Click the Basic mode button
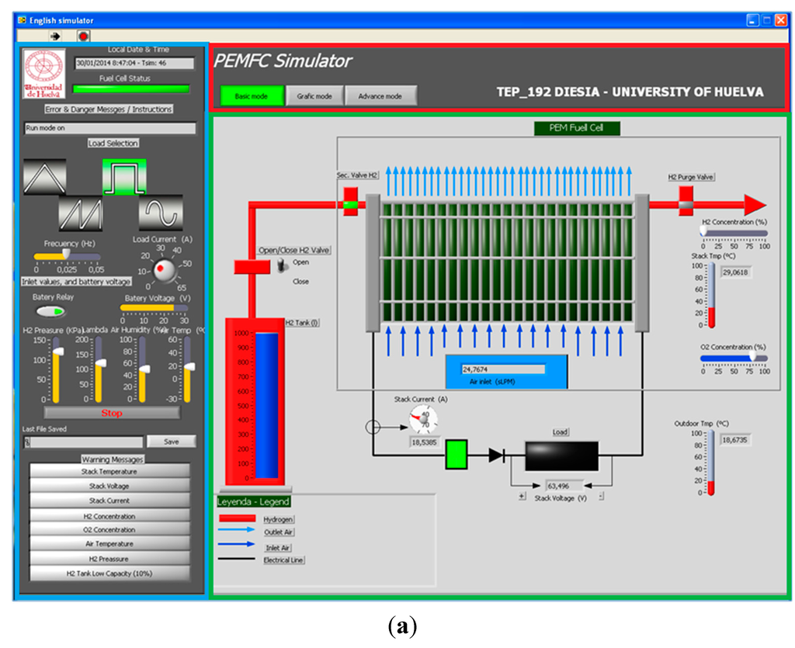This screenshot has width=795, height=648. point(251,95)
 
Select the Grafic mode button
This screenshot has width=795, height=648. point(314,95)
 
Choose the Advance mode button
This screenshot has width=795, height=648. point(380,95)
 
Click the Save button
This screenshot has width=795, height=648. point(171,441)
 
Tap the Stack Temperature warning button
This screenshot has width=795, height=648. point(109,471)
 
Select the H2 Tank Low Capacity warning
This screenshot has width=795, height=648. point(109,573)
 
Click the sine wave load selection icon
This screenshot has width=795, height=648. point(161,212)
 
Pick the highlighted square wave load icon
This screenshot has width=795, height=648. point(124,176)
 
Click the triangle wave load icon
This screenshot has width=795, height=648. point(45,176)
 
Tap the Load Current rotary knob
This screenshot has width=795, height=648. point(165,270)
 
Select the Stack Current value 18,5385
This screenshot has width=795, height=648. point(425,442)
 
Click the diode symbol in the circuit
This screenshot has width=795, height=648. point(496,456)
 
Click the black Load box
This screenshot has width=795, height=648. point(561,456)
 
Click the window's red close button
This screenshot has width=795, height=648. point(780,21)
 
